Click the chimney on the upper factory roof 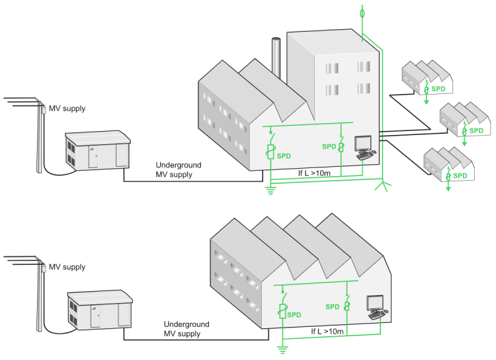click(276, 58)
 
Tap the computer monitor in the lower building click(376, 303)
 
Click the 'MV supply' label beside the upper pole click(67, 109)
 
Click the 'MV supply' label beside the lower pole click(67, 267)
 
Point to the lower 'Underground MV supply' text click(186, 329)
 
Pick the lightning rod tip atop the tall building click(361, 12)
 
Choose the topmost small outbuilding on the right click(427, 78)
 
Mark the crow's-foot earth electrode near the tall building click(383, 187)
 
